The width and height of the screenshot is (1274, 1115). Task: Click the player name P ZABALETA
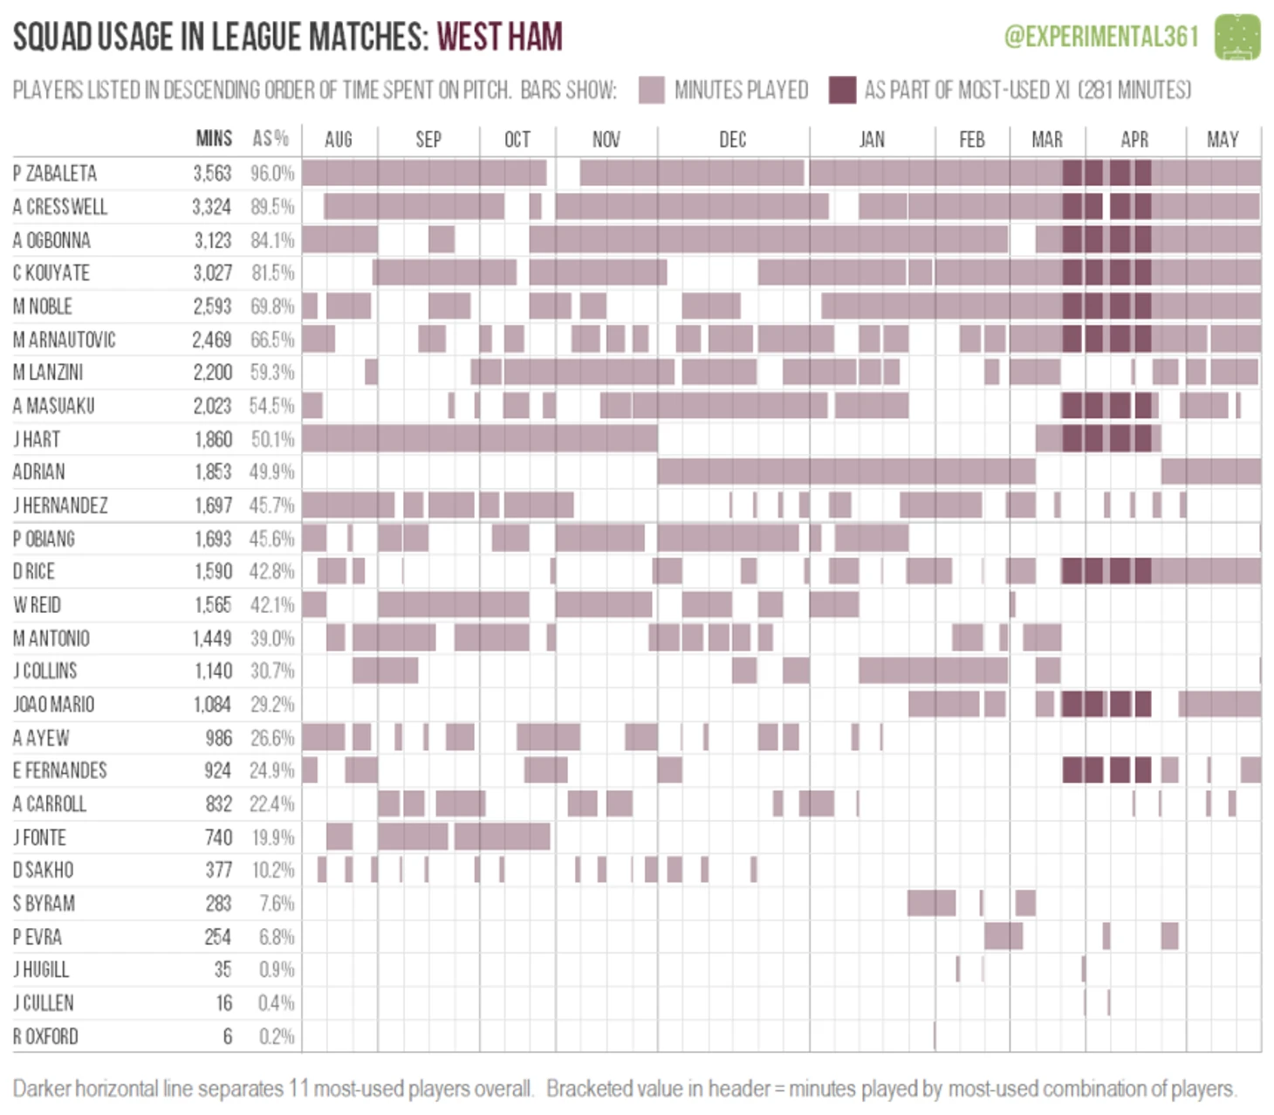[55, 173]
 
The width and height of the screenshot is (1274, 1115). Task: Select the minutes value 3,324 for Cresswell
[212, 207]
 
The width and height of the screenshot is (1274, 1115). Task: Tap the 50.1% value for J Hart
[272, 439]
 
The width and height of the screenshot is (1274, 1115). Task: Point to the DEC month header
[732, 140]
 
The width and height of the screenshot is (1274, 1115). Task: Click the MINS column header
[214, 139]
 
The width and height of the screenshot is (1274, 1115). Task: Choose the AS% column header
[271, 139]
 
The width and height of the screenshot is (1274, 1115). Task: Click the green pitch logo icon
[1237, 37]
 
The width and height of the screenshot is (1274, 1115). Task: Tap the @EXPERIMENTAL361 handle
[1101, 37]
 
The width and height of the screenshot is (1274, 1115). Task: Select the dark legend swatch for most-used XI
[842, 90]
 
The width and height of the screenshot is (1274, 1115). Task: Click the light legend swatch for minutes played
[652, 90]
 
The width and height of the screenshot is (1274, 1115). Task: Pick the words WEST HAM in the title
[499, 38]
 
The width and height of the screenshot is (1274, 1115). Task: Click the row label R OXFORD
[45, 1036]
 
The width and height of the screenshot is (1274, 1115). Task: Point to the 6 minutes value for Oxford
[228, 1036]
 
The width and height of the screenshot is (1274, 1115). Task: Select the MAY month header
[1223, 140]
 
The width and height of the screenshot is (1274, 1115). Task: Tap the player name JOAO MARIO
[53, 704]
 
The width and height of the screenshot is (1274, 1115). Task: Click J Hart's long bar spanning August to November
[480, 438]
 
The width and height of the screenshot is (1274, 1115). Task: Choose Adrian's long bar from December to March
[846, 471]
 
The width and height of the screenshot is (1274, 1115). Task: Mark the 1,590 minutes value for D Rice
[213, 572]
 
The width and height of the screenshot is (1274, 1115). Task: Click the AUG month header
[339, 140]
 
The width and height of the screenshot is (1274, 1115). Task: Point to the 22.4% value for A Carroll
[272, 804]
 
